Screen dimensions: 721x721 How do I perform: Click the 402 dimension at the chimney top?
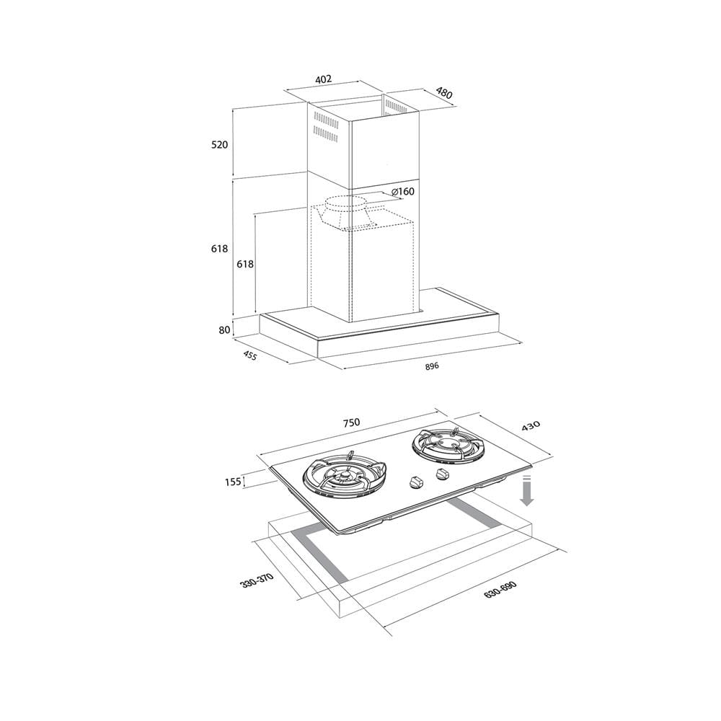pos(323,79)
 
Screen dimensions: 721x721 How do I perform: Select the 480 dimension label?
pos(443,93)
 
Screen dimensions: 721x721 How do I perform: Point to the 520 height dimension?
pos(219,145)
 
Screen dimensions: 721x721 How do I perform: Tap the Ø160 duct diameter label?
pos(403,191)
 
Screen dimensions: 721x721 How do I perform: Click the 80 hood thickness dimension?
pos(224,329)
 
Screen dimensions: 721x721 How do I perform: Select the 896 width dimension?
pos(432,366)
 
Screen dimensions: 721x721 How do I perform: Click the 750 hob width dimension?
pos(351,423)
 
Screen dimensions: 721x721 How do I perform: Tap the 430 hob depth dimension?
pos(530,426)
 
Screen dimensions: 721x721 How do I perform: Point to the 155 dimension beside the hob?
pos(233,482)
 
